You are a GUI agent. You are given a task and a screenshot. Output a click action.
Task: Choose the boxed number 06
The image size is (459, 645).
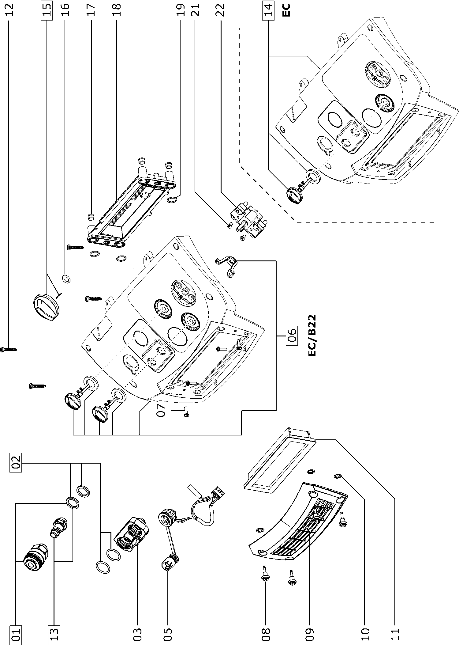click(291, 336)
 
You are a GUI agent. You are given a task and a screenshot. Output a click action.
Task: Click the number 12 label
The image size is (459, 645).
click(9, 10)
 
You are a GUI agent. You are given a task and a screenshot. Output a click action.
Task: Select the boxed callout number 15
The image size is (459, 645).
click(47, 10)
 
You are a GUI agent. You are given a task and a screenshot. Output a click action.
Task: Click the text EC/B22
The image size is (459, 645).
click(312, 335)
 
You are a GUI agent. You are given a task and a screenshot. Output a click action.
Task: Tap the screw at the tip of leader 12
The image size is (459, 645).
click(9, 349)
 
